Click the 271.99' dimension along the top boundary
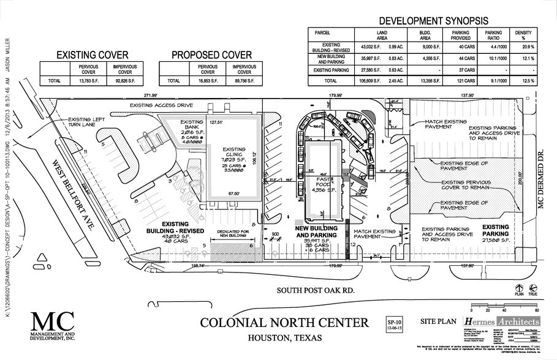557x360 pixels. click(x=151, y=96)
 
